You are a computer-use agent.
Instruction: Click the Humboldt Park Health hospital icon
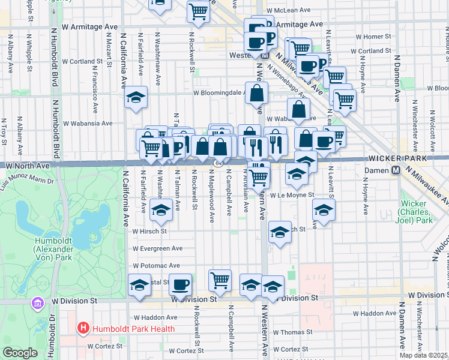[x=83, y=329]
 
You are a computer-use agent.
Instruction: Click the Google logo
[x=20, y=353]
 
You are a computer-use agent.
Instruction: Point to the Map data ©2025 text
[x=423, y=355]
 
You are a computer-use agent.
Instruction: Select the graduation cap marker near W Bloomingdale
[x=136, y=96]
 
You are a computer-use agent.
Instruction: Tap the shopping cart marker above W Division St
[x=220, y=278]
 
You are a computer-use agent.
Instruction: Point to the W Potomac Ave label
[x=156, y=265]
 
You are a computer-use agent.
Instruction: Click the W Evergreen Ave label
[x=157, y=248]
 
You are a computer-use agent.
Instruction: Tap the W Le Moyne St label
[x=292, y=195]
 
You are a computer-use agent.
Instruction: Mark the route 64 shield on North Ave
[x=218, y=163]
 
